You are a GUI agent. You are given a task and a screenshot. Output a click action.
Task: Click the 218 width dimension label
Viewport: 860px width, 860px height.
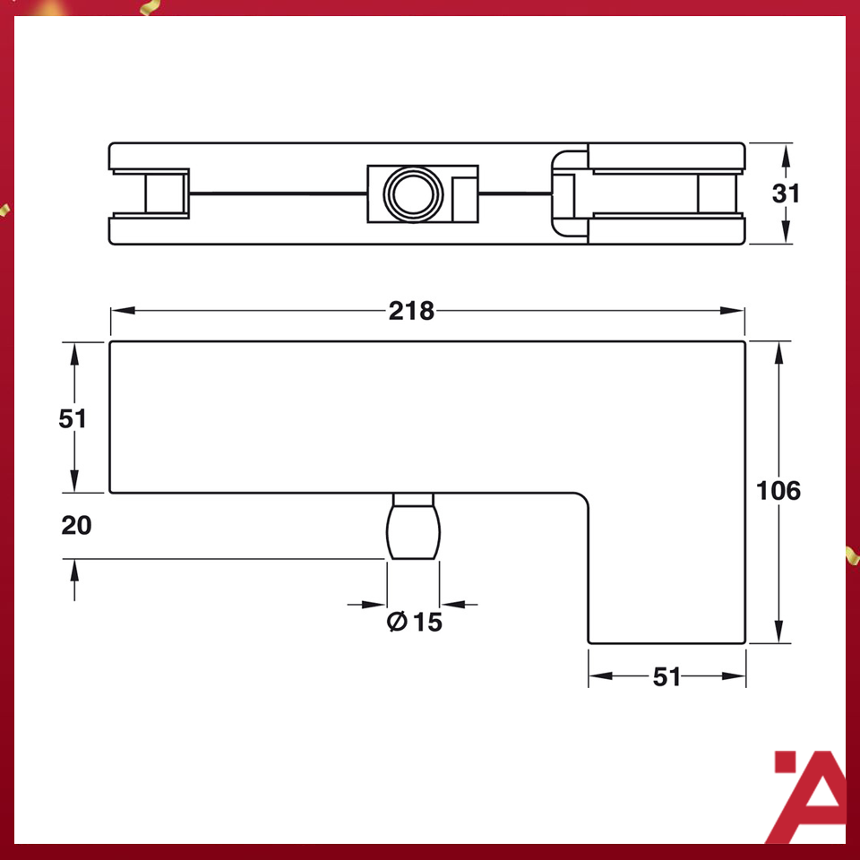tap(411, 311)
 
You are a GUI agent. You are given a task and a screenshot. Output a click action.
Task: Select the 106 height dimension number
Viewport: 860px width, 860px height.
tap(778, 491)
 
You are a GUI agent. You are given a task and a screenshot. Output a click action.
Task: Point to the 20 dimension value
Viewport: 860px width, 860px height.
tap(76, 525)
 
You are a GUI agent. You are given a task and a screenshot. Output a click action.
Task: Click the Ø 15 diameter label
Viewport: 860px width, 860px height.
tap(415, 621)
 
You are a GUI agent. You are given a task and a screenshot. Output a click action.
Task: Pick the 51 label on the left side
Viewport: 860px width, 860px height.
tap(73, 417)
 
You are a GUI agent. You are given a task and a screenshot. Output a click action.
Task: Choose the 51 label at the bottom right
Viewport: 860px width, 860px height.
tap(666, 676)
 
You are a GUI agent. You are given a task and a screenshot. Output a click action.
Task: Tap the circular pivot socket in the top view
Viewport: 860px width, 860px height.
tap(410, 192)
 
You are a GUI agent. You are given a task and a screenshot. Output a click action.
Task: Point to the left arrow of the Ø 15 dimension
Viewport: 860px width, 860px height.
tap(377, 604)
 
